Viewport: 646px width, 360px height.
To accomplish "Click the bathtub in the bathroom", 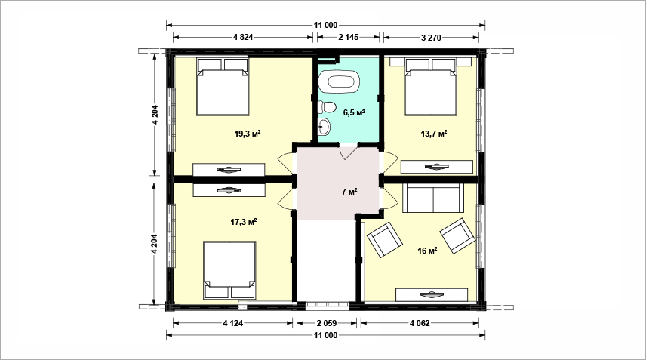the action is pos(339,82).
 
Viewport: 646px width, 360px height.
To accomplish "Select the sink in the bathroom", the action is pos(325,127).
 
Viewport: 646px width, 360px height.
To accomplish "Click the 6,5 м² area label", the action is pos(354,112).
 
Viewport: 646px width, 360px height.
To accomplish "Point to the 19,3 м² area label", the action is pos(248,134).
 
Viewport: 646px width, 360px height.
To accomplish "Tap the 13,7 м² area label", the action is pos(434,134).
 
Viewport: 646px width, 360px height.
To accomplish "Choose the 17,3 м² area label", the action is pos(244,222).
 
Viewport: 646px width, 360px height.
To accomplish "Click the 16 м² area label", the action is pos(427,251).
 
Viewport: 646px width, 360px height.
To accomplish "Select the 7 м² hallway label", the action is pos(349,192).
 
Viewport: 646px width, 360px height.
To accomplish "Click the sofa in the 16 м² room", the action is pos(433,197).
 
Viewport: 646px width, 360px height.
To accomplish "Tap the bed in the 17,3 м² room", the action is pos(229,269).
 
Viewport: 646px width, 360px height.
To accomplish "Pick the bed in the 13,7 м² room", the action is pos(431,87).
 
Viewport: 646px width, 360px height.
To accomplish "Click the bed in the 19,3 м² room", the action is pos(223,87).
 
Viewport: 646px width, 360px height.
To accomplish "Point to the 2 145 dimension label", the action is pos(349,37).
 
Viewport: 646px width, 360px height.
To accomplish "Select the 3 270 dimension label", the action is pos(431,38).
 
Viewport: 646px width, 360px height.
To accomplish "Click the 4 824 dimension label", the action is pos(243,37).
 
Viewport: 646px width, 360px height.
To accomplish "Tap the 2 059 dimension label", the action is pos(327,323).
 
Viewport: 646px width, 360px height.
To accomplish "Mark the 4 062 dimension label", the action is pos(420,323).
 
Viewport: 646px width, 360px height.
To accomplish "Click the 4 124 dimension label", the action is pos(233,323).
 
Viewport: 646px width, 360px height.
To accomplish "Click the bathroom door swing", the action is pos(348,151).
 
